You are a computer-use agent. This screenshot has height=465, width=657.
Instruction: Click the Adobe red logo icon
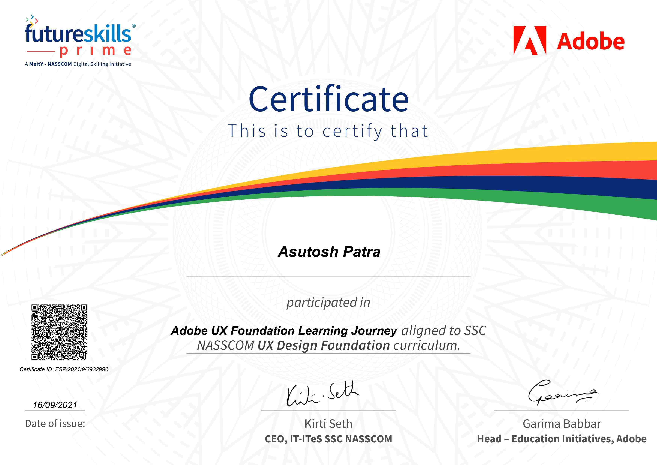[x=530, y=40]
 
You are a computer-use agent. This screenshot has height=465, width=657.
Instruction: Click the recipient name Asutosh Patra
[x=329, y=252]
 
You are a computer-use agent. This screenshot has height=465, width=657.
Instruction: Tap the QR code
[x=59, y=332]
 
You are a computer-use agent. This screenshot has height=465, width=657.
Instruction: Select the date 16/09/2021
[x=55, y=405]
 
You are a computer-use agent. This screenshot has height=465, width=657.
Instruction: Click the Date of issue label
[x=55, y=423]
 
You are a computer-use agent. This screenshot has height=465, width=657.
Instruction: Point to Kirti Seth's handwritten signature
[x=323, y=394]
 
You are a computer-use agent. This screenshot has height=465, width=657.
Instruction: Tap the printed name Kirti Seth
[x=328, y=424]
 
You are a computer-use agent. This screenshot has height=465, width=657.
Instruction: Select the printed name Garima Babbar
[x=562, y=424]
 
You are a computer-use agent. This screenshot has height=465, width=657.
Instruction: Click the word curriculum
[x=427, y=345]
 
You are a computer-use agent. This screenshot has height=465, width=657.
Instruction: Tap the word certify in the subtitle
[x=352, y=131]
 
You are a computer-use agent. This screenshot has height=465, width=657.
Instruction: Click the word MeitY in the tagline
[x=36, y=64]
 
